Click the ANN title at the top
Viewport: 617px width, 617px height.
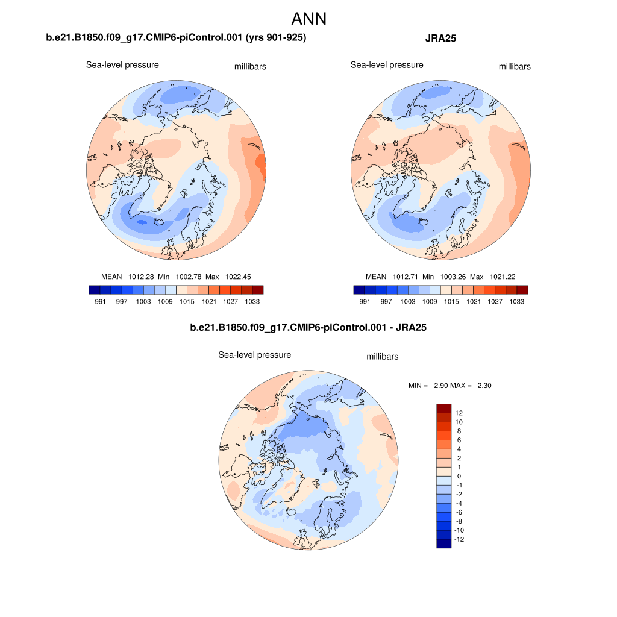coord(308,19)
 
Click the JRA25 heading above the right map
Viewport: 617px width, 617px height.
coord(440,38)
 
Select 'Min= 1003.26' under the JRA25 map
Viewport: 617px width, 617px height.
coord(443,277)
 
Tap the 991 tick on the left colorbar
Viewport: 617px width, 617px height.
coord(101,302)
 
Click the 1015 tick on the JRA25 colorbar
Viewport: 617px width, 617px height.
coord(451,302)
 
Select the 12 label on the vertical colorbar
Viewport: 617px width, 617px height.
coord(459,413)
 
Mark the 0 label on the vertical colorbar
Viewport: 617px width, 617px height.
coord(459,476)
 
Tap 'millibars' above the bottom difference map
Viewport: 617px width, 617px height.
coord(383,357)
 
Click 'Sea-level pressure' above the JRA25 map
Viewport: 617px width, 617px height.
coord(387,65)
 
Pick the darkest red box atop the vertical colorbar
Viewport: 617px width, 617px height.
coord(443,408)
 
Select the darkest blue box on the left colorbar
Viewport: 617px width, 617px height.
coord(94,290)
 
